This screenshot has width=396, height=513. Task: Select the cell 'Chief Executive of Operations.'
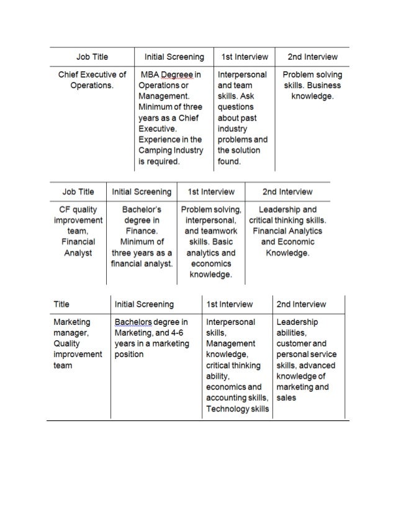pos(92,79)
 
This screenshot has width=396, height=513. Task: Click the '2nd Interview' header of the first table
pos(313,57)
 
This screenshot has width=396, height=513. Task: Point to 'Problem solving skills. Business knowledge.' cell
pos(312,86)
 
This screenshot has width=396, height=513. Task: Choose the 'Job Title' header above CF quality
pos(79,192)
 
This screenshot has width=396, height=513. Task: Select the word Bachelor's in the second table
pos(142,209)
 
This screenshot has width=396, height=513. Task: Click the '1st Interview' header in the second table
pos(211,192)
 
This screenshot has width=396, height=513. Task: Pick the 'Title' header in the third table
pos(61,304)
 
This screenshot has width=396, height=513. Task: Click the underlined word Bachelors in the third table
pos(134,322)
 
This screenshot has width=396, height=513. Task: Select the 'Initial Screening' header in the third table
pos(145,304)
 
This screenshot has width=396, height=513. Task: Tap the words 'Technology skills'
pos(238,409)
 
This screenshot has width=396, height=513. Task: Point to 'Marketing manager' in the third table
pos(72,327)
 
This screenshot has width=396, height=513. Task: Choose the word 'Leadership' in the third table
pos(297,322)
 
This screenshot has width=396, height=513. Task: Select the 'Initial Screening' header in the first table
pos(174,57)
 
